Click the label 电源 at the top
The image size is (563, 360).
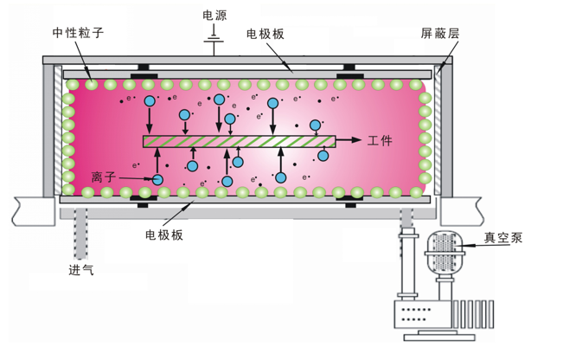[x=214, y=16]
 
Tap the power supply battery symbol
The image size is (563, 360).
[x=214, y=40]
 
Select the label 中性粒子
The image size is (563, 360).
[x=79, y=33]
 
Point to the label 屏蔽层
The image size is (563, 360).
[x=440, y=34]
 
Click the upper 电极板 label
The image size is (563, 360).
[x=266, y=34]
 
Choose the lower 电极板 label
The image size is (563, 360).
[x=164, y=235]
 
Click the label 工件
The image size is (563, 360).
[x=380, y=140]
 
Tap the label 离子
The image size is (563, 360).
[x=104, y=177]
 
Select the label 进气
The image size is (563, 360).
[x=81, y=269]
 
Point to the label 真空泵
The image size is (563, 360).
[x=503, y=238]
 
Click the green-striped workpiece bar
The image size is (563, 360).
[x=240, y=142]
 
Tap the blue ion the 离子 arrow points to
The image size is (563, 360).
[x=157, y=179]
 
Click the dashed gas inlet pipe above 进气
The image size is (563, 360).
[x=80, y=233]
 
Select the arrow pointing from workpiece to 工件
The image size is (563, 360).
[x=349, y=140]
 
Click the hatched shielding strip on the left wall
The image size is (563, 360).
[x=58, y=130]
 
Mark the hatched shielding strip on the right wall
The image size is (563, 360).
[x=438, y=130]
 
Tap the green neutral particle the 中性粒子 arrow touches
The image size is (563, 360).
[x=91, y=85]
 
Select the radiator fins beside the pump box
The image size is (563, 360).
[x=473, y=314]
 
